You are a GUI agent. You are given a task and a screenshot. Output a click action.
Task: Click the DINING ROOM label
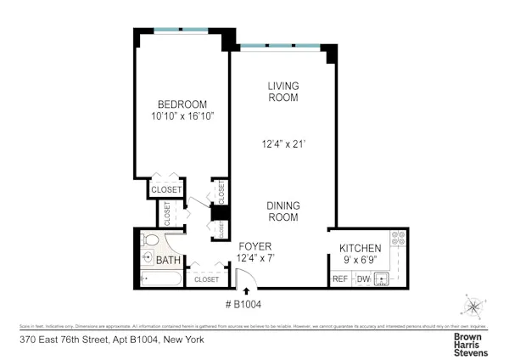point(283,211)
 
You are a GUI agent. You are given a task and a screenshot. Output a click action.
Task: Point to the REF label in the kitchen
point(340,278)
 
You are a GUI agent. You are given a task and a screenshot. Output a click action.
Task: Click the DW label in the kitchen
point(363,278)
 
